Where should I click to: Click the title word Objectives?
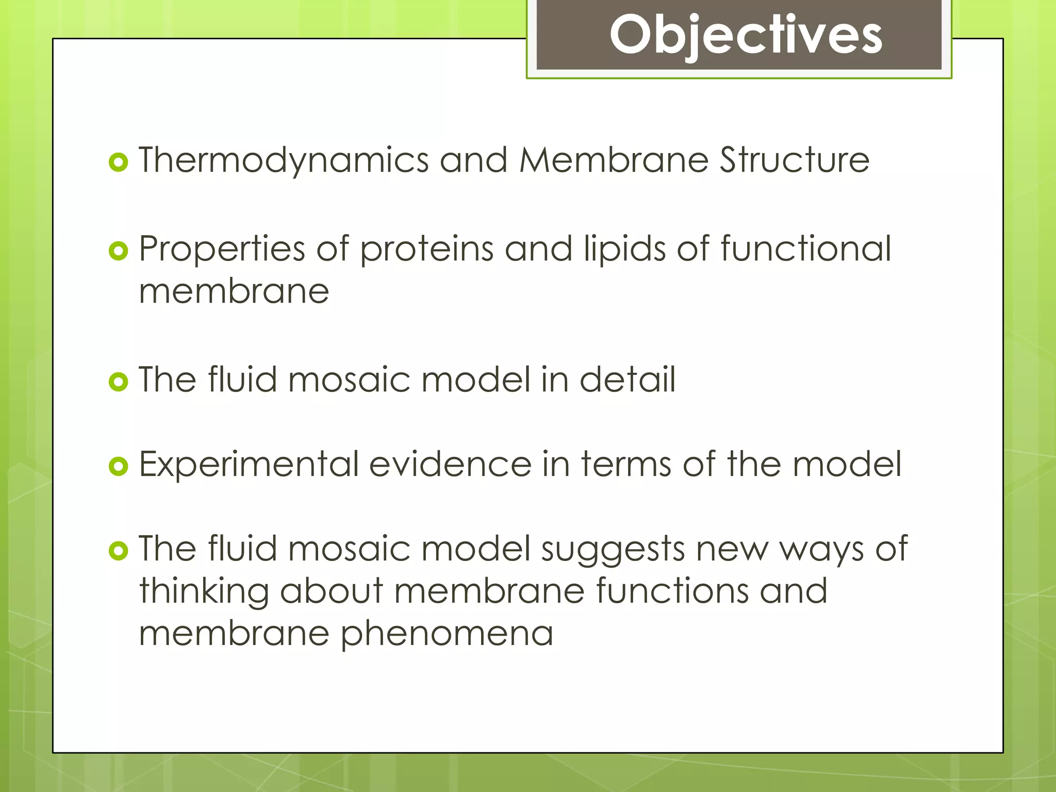[746, 35]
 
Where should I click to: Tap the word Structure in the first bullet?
[795, 160]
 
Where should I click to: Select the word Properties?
[222, 250]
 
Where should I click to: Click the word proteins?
[426, 250]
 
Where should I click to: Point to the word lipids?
[624, 250]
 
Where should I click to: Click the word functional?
[805, 249]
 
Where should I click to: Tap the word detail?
[627, 379]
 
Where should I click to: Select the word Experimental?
[249, 464]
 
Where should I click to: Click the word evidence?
[450, 464]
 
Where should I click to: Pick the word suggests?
[613, 550]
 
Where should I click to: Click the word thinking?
[204, 592]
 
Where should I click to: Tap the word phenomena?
[447, 634]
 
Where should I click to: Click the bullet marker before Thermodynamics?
[118, 163]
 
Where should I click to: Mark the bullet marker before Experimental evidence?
[118, 467]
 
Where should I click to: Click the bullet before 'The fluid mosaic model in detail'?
[118, 382]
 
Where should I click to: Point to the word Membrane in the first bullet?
[614, 160]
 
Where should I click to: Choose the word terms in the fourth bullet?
[626, 464]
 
